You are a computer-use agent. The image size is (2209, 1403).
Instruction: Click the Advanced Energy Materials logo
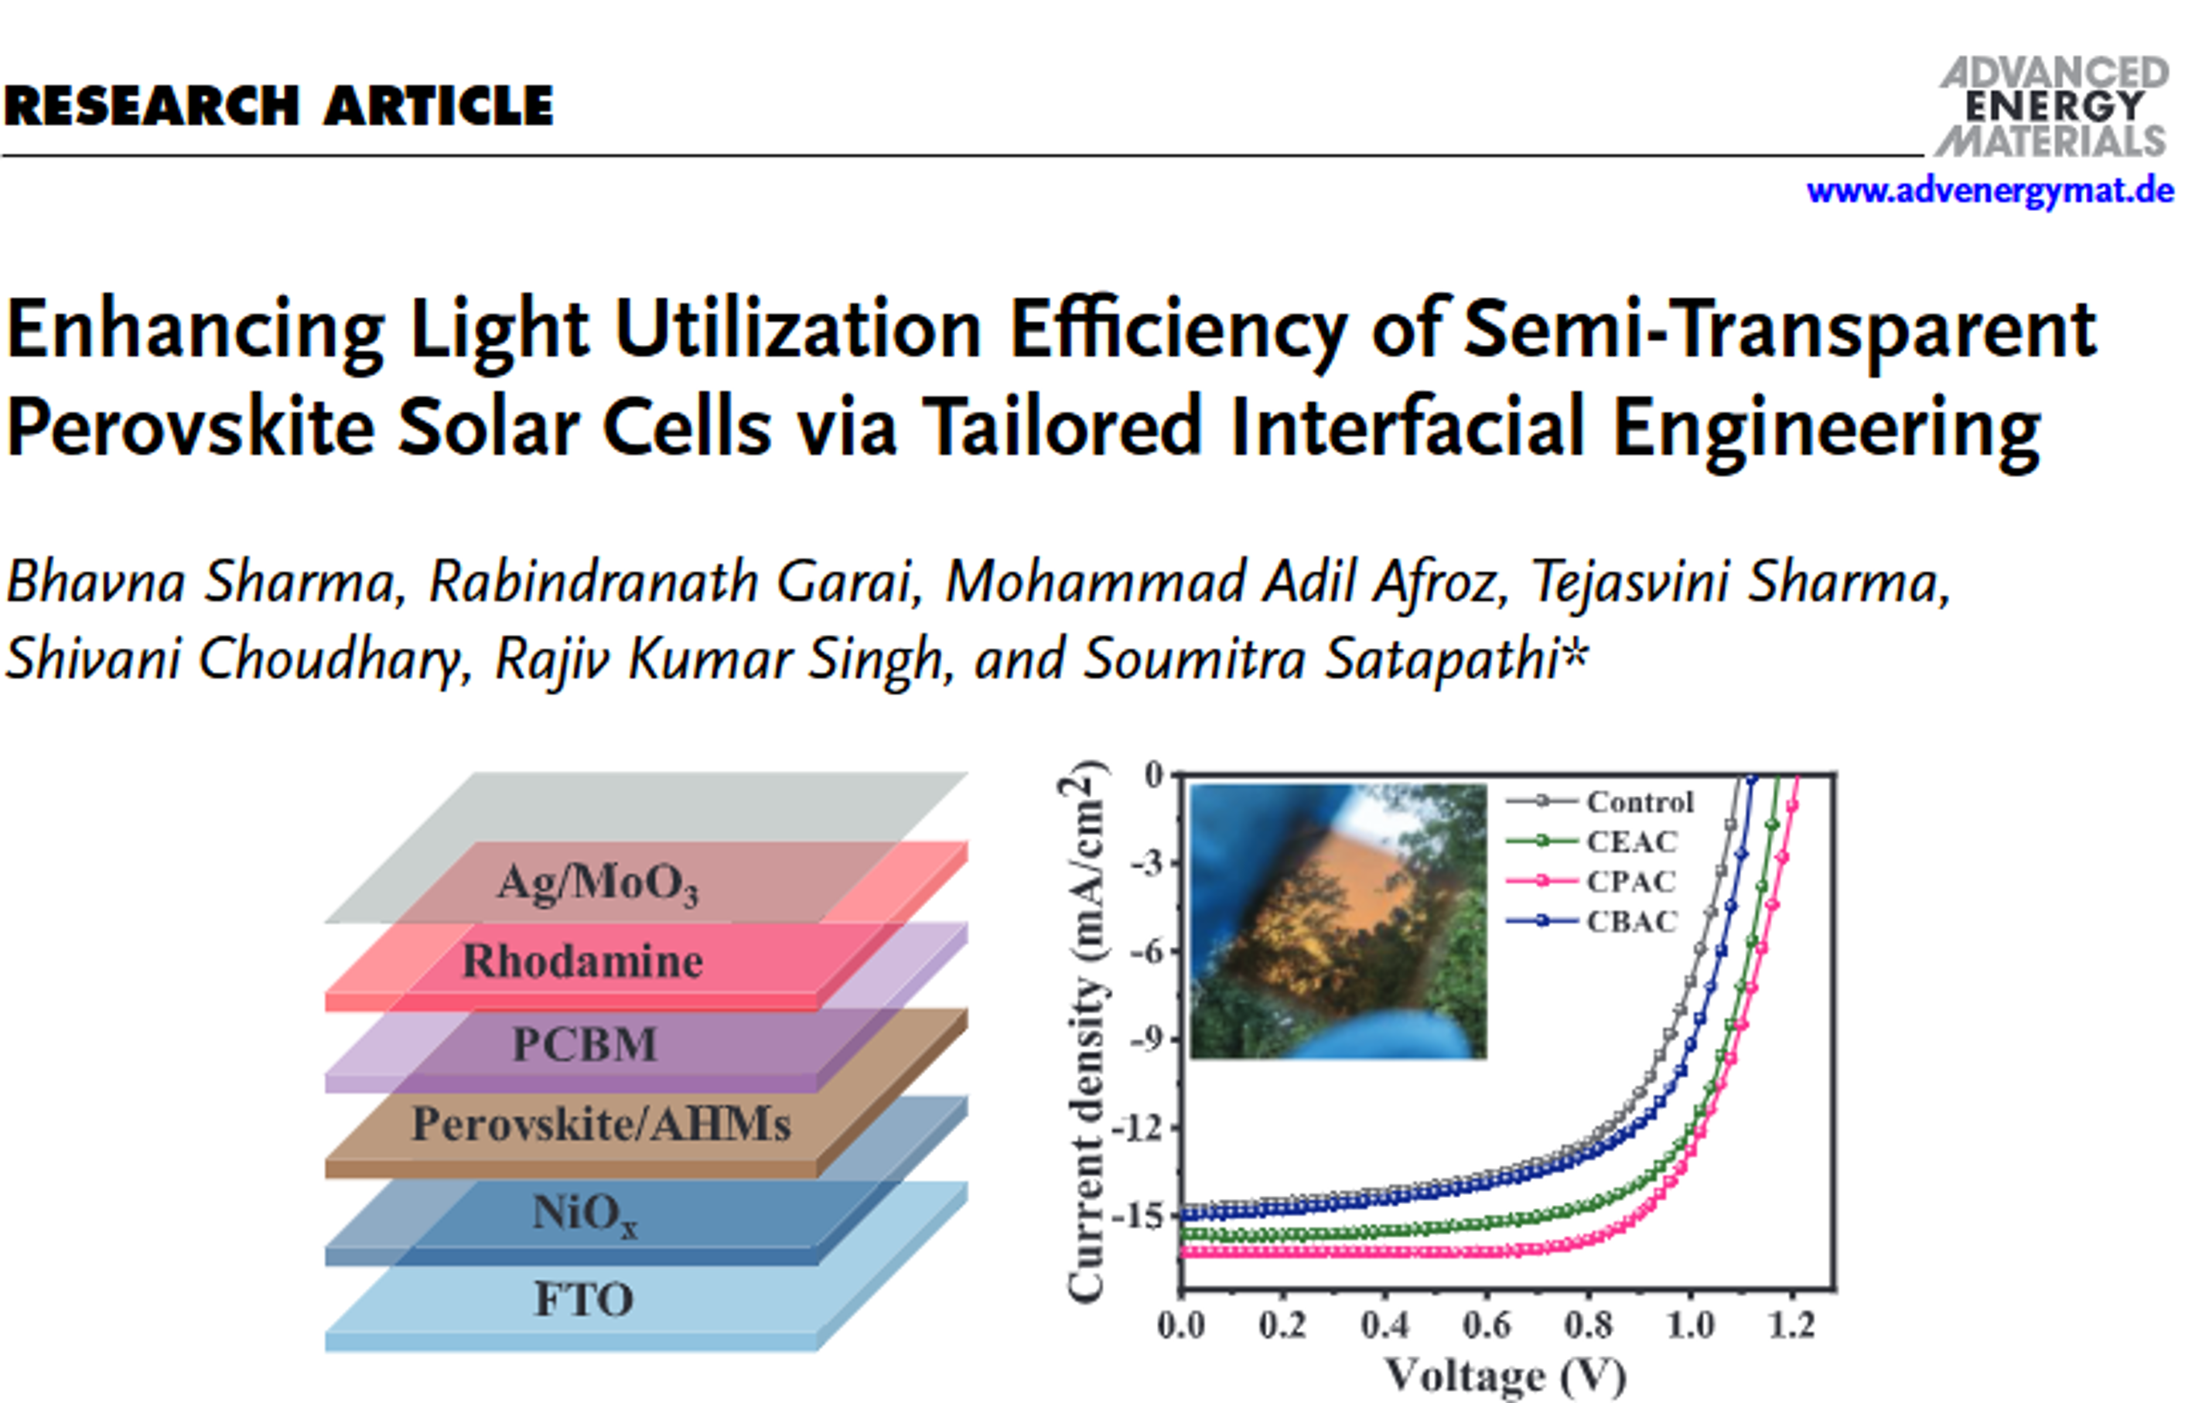point(2053,107)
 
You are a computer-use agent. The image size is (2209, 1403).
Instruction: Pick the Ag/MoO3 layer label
point(598,882)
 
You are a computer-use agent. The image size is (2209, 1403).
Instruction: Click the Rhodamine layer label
point(582,961)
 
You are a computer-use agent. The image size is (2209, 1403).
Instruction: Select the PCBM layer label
point(585,1043)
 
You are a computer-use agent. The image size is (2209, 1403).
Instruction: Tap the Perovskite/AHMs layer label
point(601,1124)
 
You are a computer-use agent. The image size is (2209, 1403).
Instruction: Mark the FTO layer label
point(583,1299)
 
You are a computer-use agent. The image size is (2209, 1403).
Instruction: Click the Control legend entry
point(1639,802)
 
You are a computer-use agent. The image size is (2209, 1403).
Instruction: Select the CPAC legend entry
point(1631,881)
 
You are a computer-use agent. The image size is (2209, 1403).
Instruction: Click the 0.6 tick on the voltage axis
point(1486,1325)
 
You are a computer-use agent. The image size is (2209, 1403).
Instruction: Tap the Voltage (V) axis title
point(1504,1375)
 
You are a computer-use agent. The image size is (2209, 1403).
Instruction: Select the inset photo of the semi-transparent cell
point(1337,920)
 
